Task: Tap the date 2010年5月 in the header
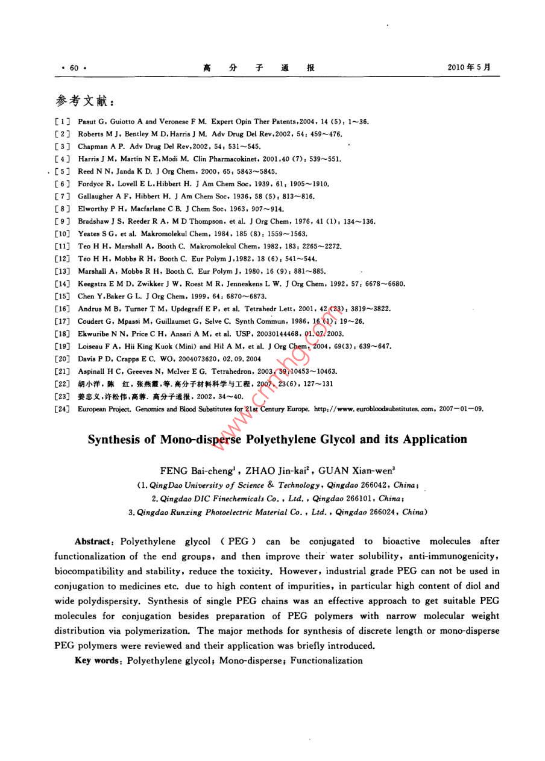click(469, 68)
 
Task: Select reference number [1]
click(61, 121)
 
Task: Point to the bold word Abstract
click(93, 542)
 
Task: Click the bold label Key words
click(98, 660)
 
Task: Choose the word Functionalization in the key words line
click(326, 660)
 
